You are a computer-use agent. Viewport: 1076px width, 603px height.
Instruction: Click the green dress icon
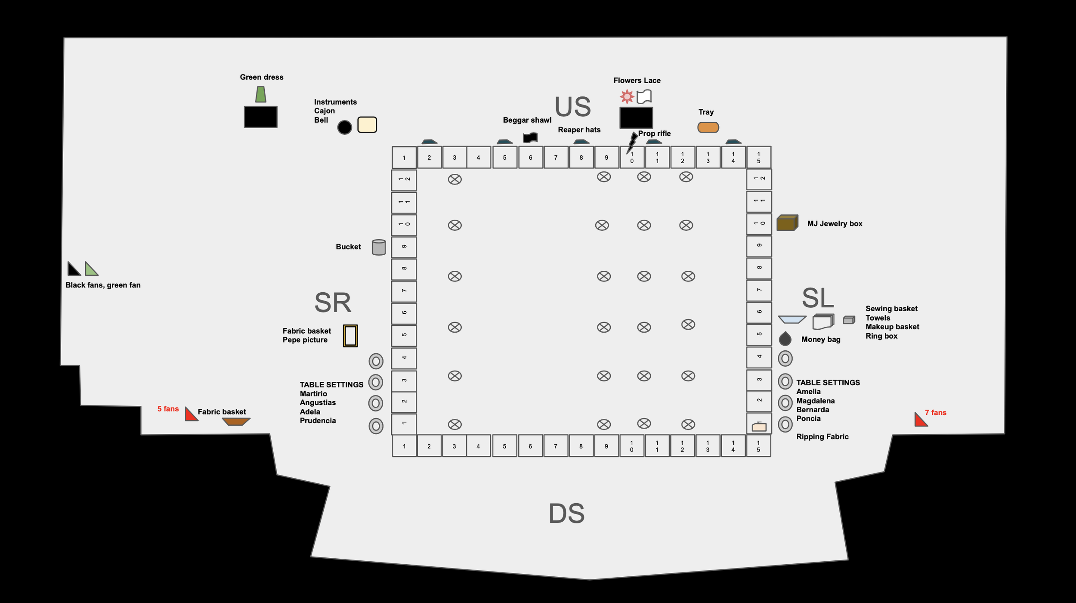[x=260, y=94]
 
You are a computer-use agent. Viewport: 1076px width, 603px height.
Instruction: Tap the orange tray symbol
[x=708, y=127]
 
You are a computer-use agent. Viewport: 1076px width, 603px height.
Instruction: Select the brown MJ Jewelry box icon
[x=787, y=223]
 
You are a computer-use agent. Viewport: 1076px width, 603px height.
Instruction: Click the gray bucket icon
[x=379, y=247]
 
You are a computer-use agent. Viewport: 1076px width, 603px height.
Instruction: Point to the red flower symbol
[x=627, y=96]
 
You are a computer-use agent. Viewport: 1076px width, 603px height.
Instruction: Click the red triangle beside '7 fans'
[x=920, y=421]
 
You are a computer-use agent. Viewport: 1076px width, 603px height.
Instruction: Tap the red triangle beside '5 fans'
[x=190, y=415]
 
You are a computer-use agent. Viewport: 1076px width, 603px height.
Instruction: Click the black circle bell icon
[x=344, y=127]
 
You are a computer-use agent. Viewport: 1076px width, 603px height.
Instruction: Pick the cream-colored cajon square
[x=367, y=125]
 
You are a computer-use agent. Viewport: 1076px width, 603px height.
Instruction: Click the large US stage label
[x=572, y=107]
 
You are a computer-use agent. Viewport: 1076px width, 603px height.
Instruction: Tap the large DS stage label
[x=566, y=513]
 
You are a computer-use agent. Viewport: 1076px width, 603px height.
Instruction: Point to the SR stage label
[x=333, y=303]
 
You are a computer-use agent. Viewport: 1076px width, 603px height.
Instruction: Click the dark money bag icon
[x=785, y=339]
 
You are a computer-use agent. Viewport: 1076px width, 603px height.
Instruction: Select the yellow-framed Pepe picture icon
[x=350, y=336]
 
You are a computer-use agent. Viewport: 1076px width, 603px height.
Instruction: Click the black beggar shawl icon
[x=530, y=138]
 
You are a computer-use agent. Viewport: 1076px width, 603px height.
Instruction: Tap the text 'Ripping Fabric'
[x=822, y=437]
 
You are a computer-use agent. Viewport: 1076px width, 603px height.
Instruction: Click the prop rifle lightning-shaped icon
[x=632, y=142]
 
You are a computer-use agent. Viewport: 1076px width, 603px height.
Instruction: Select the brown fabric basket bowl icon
[x=236, y=421]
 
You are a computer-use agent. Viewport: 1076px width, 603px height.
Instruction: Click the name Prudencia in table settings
[x=318, y=421]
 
